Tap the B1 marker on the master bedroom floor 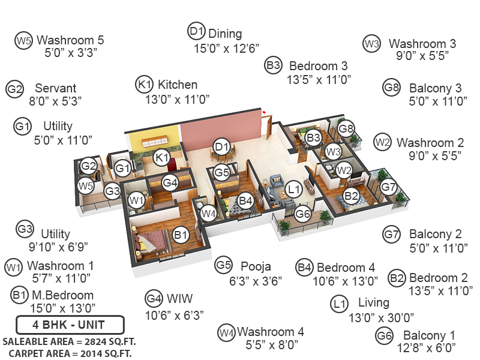click(181, 235)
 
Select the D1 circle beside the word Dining click(197, 32)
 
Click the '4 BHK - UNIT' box click(70, 326)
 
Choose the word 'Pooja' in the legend click(256, 266)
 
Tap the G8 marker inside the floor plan click(346, 128)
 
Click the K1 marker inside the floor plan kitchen click(161, 158)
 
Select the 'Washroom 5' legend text click(70, 40)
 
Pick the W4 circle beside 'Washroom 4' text click(226, 332)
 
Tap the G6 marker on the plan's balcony click(304, 214)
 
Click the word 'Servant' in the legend click(55, 88)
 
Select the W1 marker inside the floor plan click(137, 199)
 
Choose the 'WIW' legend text click(179, 298)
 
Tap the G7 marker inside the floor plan click(389, 187)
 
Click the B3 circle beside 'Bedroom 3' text click(274, 65)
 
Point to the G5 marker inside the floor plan click(222, 173)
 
